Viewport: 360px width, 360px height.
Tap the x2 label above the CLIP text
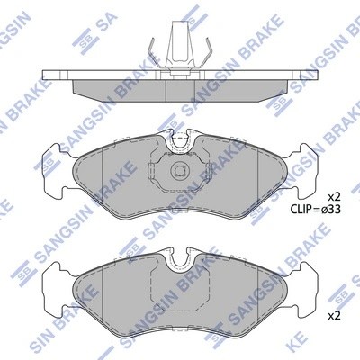[334, 196]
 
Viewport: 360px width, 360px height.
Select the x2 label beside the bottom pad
[334, 317]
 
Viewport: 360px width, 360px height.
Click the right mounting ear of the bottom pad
[310, 269]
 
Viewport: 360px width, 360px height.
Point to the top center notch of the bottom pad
[179, 256]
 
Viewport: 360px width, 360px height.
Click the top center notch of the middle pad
[179, 139]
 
